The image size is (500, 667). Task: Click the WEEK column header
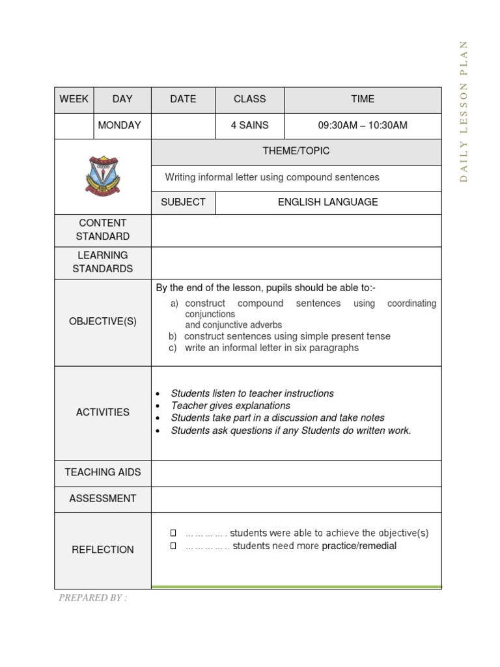click(x=74, y=99)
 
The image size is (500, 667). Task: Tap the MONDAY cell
click(x=119, y=125)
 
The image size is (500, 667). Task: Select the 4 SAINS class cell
click(x=249, y=125)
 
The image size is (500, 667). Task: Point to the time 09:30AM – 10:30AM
click(x=363, y=125)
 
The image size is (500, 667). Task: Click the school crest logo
click(x=103, y=176)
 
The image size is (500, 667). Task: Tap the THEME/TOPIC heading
click(x=296, y=150)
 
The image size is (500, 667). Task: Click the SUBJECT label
click(x=183, y=202)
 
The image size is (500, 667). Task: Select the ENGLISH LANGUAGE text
click(x=327, y=202)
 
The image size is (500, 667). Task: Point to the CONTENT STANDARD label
click(x=103, y=230)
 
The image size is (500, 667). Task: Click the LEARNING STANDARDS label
click(x=103, y=262)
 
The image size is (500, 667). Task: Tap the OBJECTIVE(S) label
click(x=103, y=322)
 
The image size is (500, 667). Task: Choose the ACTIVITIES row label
click(x=103, y=412)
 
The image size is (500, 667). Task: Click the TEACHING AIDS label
click(x=103, y=472)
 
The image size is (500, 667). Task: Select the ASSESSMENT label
click(x=103, y=498)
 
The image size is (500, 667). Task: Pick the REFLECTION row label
click(x=103, y=550)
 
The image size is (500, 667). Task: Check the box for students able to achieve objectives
click(x=174, y=533)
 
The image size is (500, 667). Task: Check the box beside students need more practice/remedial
click(x=174, y=546)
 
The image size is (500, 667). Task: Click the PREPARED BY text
click(x=92, y=598)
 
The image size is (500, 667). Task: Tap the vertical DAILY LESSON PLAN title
click(x=464, y=111)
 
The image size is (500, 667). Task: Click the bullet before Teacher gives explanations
click(x=158, y=406)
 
